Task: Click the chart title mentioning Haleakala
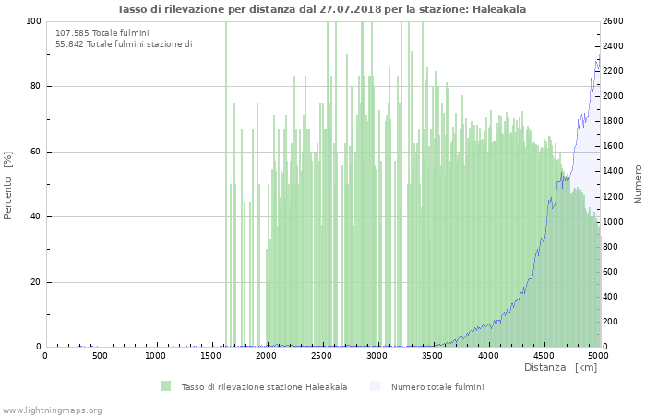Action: coord(322,8)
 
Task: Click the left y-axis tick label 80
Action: coord(35,87)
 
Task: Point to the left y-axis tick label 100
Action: coord(33,21)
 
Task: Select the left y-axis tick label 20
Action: coord(35,282)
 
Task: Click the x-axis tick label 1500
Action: coord(211,356)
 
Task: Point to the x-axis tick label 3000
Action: coord(377,356)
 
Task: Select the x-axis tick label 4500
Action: coord(543,356)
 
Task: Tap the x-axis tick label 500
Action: coord(101,356)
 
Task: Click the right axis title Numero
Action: coord(637,184)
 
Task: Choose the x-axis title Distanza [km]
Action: coord(560,368)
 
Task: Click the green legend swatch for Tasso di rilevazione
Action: coord(166,386)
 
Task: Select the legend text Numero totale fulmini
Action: coord(437,386)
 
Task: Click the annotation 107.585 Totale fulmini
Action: coord(90,33)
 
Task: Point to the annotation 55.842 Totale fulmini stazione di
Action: coord(124,43)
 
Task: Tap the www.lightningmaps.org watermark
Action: coord(52,410)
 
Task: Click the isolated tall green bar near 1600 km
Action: coord(225,185)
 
